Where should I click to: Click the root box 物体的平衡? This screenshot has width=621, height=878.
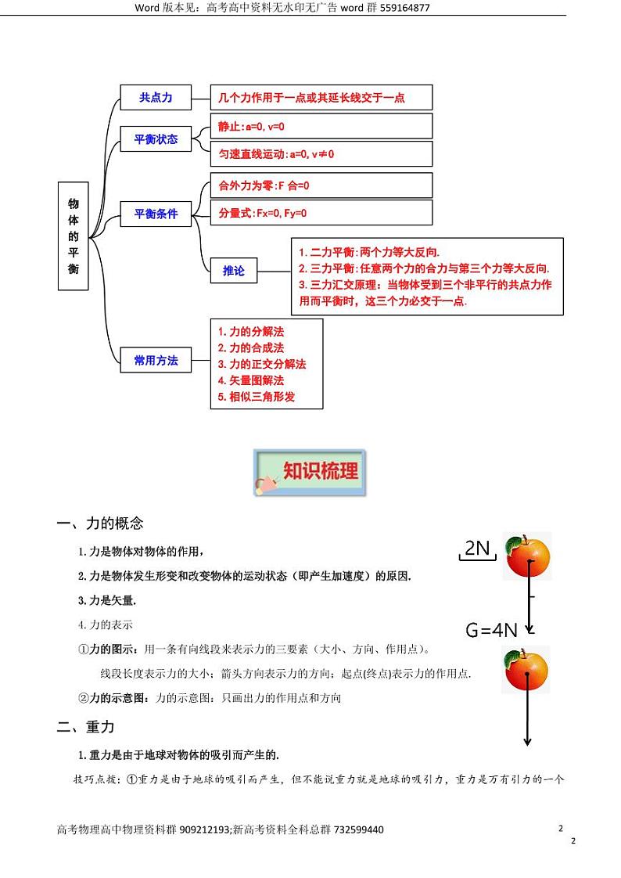pos(74,236)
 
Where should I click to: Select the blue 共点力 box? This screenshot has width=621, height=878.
pos(156,98)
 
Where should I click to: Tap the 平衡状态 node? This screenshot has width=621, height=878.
pos(156,140)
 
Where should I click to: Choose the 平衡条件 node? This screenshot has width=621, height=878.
pos(156,214)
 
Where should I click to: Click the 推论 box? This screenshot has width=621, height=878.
pos(234,271)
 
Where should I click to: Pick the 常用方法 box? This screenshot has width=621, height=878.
pos(156,361)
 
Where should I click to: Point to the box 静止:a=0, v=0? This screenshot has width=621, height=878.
pos(321,126)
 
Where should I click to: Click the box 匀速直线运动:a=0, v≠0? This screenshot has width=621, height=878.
pos(321,154)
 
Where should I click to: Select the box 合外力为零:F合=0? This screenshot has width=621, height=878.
pos(321,186)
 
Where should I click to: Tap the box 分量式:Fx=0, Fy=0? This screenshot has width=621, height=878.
pos(321,213)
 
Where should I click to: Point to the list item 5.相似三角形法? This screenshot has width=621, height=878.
pos(257,397)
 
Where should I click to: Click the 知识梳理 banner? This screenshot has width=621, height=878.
pos(310,472)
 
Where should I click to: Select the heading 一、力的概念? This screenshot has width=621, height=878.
pos(100,524)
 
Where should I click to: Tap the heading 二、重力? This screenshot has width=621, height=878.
pos(86,727)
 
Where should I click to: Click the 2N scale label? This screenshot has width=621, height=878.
pos(477,549)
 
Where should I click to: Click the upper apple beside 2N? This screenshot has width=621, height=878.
pos(527,556)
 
